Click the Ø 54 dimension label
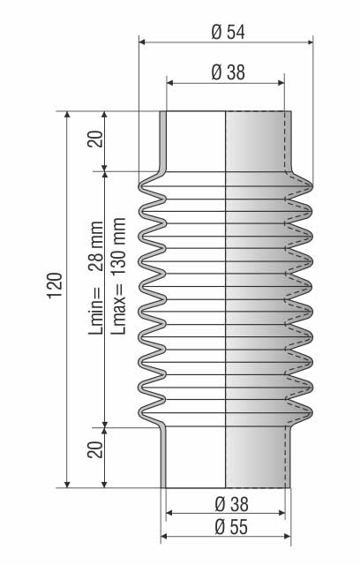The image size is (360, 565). point(228,32)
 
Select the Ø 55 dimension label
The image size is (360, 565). point(231,527)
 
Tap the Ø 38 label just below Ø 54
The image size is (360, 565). point(228,72)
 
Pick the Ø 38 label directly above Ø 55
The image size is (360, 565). point(231,504)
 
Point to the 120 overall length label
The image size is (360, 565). point(56,286)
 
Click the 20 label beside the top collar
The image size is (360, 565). point(96,139)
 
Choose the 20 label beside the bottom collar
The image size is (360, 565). point(95,449)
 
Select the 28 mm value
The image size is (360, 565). point(96,246)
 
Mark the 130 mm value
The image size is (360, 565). point(118,247)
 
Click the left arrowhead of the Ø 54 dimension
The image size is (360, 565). point(142,42)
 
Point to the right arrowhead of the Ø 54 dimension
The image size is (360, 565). point(310,42)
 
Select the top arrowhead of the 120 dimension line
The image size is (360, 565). point(67,115)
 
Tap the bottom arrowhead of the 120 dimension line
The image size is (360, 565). point(67,485)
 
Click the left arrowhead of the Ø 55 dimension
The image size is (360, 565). point(164,537)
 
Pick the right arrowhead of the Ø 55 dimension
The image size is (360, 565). point(288,537)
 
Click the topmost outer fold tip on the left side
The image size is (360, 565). point(140,186)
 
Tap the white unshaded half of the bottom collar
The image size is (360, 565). point(196,457)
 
